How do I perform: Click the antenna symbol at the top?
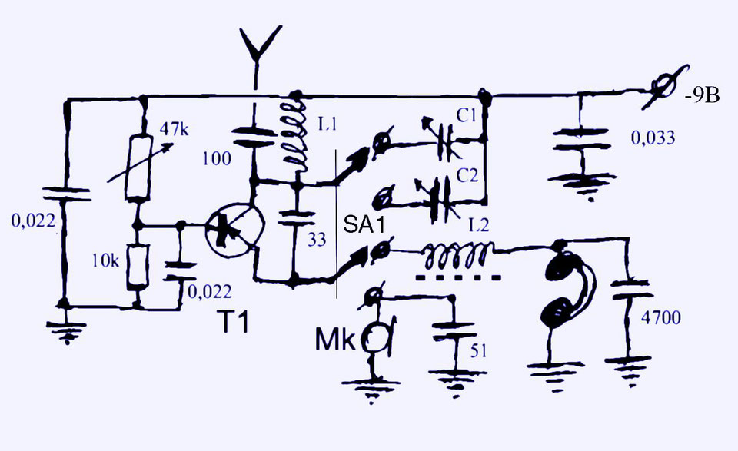(x=257, y=51)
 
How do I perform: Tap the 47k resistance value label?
(x=175, y=128)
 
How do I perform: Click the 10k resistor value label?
(x=105, y=260)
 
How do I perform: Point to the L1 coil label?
(x=327, y=124)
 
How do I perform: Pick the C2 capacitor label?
(x=467, y=175)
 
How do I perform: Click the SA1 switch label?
(x=364, y=224)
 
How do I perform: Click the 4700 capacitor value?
(x=661, y=318)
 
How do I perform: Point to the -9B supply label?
(x=702, y=96)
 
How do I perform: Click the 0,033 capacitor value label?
(x=653, y=138)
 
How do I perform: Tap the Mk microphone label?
(x=335, y=340)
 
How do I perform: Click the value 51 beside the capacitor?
(x=478, y=351)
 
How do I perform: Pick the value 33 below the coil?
(x=317, y=240)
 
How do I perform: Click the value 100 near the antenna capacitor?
(x=217, y=159)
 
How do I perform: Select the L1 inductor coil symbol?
(x=296, y=134)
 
